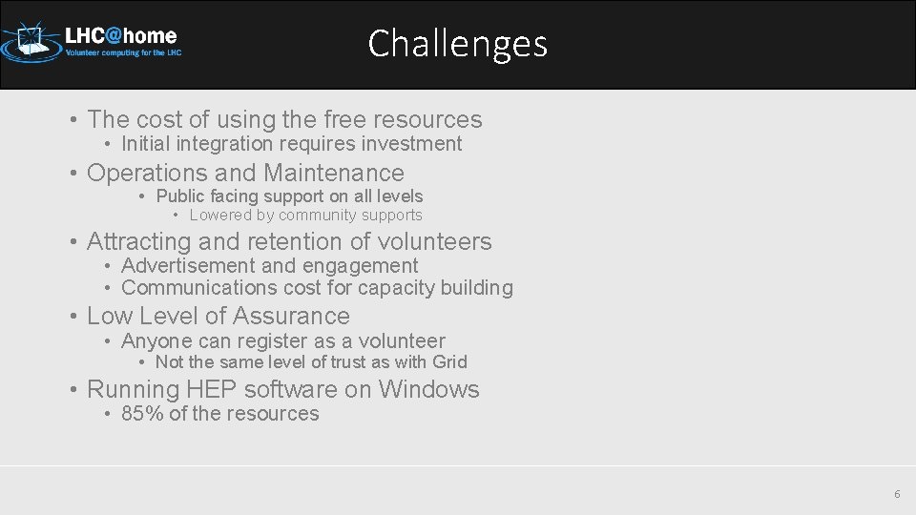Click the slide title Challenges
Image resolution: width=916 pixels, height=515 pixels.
coord(458,44)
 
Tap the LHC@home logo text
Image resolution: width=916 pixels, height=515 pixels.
coord(120,35)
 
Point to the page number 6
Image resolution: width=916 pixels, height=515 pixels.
coord(896,494)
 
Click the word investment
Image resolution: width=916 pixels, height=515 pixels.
coord(417,144)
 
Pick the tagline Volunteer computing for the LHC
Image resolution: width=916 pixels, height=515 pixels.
coord(123,53)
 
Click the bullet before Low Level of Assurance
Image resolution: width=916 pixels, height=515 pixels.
coord(73,317)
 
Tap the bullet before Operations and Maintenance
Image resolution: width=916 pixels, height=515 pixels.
coord(73,174)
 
